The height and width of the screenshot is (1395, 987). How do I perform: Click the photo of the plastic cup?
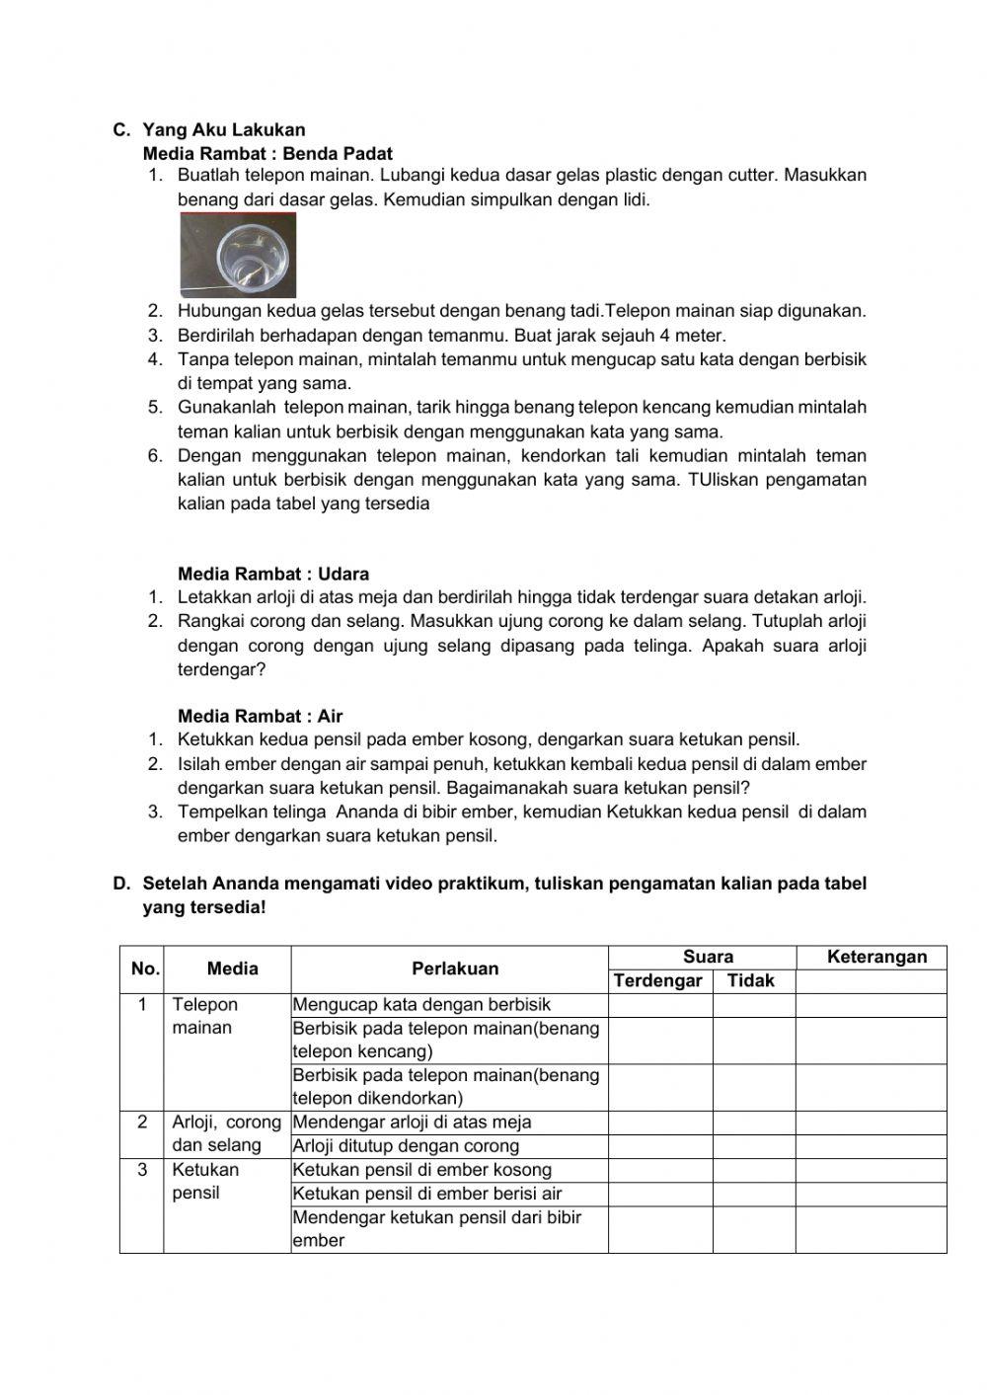pyautogui.click(x=238, y=257)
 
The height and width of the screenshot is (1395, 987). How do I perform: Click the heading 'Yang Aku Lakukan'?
pyautogui.click(x=224, y=129)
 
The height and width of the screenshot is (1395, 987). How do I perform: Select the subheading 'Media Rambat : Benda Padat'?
pyautogui.click(x=267, y=154)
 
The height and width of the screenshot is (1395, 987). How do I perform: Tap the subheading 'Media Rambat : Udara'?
pyautogui.click(x=273, y=574)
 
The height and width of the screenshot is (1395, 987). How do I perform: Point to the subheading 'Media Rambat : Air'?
pyautogui.click(x=261, y=716)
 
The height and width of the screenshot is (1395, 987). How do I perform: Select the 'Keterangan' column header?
pyautogui.click(x=876, y=957)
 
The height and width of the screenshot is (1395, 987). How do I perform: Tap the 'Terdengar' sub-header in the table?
pyautogui.click(x=658, y=980)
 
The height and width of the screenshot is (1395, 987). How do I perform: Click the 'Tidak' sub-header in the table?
pyautogui.click(x=751, y=980)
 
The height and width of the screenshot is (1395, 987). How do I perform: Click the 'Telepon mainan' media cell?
pyautogui.click(x=206, y=1016)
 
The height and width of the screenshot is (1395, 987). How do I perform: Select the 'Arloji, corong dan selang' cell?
pyautogui.click(x=226, y=1133)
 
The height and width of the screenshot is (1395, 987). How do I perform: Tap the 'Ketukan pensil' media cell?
pyautogui.click(x=205, y=1181)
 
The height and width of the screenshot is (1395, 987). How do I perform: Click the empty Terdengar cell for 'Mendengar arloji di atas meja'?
pyautogui.click(x=659, y=1123)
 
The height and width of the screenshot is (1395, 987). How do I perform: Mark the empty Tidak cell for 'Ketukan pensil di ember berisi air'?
pyautogui.click(x=753, y=1194)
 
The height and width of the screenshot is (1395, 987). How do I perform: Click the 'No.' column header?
pyautogui.click(x=145, y=969)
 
